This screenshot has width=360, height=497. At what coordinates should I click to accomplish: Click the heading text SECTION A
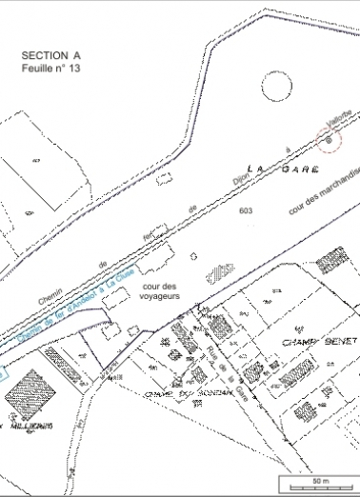tap(46, 56)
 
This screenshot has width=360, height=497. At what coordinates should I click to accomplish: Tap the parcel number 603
tap(247, 209)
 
